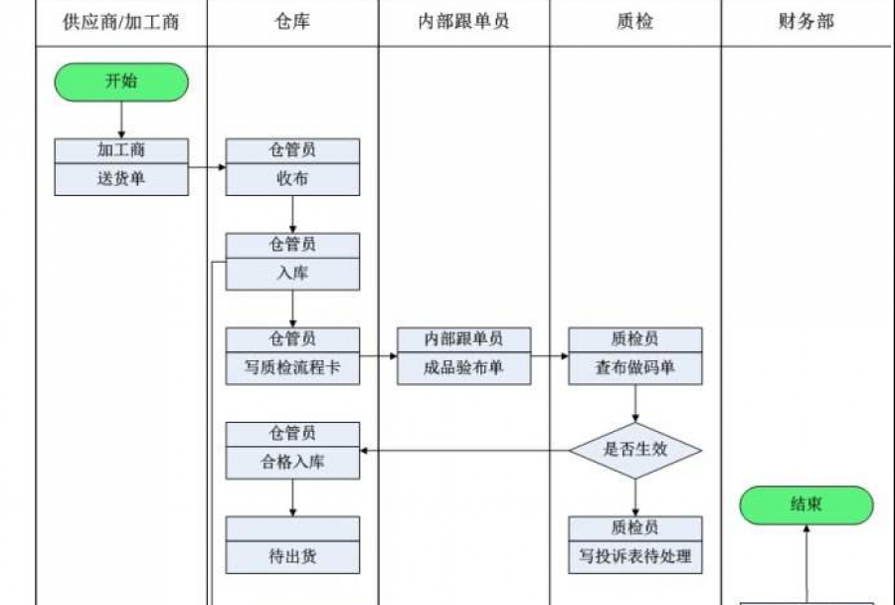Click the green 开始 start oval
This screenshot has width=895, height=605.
(121, 82)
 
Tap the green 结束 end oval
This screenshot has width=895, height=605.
(805, 504)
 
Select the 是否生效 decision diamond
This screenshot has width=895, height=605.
(635, 450)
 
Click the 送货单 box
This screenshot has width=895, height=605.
(121, 180)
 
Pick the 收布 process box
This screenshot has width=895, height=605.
(292, 180)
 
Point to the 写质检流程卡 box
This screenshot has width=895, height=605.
(292, 368)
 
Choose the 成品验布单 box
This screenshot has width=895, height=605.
(463, 368)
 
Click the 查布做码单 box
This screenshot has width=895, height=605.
(635, 368)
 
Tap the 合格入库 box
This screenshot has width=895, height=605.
(292, 463)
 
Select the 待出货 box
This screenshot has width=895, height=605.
(292, 557)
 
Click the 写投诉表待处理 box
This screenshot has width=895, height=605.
(635, 557)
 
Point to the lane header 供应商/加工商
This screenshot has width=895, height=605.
(121, 22)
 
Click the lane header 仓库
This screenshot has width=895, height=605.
(292, 22)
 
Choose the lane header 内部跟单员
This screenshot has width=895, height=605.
(463, 22)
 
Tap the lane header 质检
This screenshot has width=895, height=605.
(635, 22)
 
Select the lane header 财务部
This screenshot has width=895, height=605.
(805, 22)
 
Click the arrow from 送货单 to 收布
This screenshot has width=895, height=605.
(207, 167)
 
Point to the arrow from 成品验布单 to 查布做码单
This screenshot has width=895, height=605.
(549, 355)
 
